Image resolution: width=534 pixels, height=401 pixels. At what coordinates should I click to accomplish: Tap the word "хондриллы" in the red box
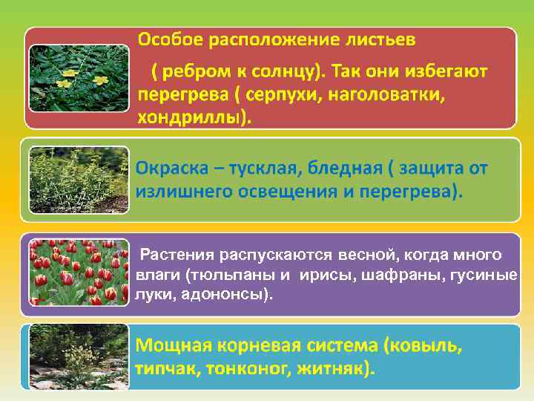[189, 117]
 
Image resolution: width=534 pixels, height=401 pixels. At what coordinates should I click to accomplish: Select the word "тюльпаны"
[221, 276]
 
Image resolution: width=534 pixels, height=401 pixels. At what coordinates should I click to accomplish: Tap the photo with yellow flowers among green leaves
[78, 77]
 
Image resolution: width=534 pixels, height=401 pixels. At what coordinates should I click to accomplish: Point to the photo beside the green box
[78, 178]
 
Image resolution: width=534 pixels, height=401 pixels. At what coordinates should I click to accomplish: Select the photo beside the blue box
[78, 356]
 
